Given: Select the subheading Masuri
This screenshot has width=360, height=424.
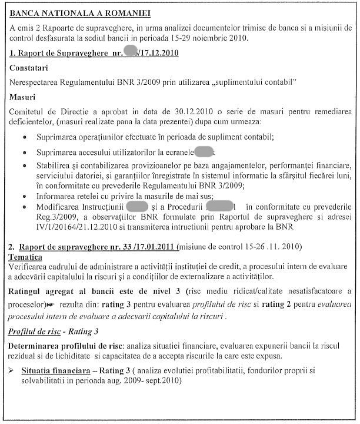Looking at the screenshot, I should tap(23, 96).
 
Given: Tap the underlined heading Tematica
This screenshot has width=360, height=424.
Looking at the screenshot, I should tap(25, 257).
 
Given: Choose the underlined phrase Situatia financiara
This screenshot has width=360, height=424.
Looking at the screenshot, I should tap(55, 371).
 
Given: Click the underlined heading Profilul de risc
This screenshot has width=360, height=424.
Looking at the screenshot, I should tap(34, 332).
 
